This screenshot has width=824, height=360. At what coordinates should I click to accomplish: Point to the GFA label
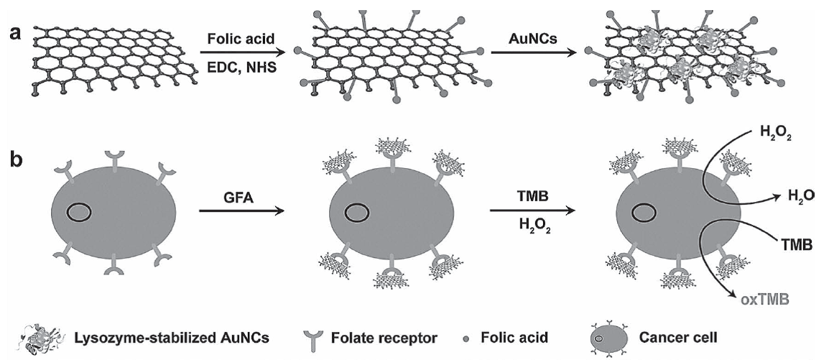235,192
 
